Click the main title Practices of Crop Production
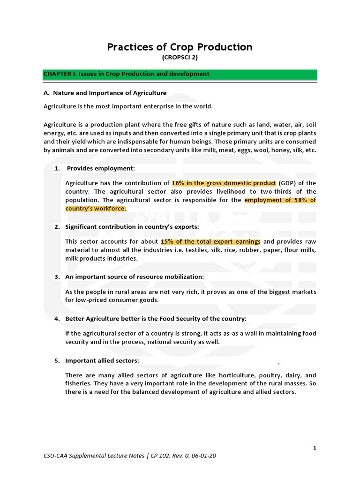click(x=180, y=47)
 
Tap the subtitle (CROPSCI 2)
click(x=180, y=58)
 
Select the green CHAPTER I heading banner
click(x=180, y=74)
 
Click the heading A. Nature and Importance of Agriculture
click(x=105, y=93)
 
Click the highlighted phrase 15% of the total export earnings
click(x=210, y=241)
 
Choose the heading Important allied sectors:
click(x=102, y=360)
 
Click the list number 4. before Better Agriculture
click(x=57, y=319)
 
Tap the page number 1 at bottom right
click(x=315, y=449)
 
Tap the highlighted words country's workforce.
click(x=96, y=209)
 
